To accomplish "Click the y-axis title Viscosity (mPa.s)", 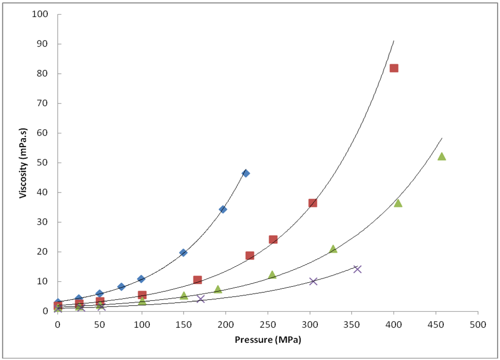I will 22,163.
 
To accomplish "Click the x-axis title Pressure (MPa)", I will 268,340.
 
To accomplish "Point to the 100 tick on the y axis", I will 41,14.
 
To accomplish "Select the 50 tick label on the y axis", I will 43,163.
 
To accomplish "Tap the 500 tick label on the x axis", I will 478,324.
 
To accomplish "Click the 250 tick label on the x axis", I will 268,324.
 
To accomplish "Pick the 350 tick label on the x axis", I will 352,324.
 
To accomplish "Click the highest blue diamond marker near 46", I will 246,173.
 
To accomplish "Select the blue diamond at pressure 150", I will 184,253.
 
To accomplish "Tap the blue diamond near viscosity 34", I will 223,209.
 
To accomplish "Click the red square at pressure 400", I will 394,68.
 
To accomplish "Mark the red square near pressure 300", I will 313,203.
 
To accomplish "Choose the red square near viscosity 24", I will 273,239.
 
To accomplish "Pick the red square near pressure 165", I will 197,280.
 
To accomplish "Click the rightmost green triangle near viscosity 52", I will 442,156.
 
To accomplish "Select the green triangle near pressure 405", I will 398,203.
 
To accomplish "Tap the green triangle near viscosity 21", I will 333,249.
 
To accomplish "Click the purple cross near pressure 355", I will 357,269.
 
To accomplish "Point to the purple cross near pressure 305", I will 313,281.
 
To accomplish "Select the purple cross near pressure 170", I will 200,299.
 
